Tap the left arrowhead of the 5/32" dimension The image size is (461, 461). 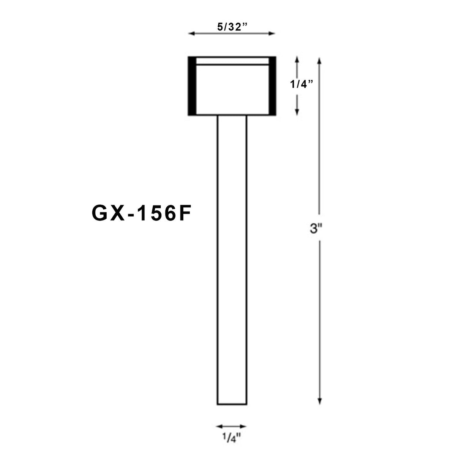(191, 34)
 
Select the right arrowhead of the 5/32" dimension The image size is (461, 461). (272, 34)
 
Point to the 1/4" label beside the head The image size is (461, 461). (302, 84)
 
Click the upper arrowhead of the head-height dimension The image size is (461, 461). (297, 59)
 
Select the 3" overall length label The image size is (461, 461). (316, 229)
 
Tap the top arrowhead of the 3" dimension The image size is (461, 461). (320, 60)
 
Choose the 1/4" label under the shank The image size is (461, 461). (231, 439)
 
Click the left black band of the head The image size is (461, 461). (192, 86)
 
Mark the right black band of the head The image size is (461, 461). (272, 86)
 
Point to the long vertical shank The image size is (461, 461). (232, 258)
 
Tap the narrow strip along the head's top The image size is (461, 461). (232, 61)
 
